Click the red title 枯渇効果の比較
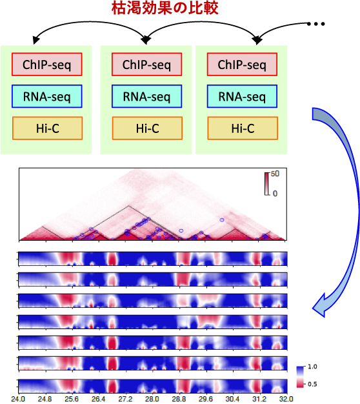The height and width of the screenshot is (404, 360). tap(165, 8)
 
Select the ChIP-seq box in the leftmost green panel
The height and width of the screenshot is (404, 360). tap(47, 65)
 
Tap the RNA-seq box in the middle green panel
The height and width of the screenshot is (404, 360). tap(147, 96)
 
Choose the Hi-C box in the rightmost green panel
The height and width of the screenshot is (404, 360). tap(243, 128)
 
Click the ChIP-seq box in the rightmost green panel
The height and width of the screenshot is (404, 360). tap(242, 65)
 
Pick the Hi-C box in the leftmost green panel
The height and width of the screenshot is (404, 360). tap(47, 128)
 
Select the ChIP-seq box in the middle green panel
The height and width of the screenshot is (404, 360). tap(147, 65)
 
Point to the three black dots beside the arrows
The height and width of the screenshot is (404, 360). tap(316, 24)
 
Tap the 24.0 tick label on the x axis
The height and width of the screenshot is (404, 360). tap(18, 399)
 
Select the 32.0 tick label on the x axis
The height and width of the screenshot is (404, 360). tap(286, 399)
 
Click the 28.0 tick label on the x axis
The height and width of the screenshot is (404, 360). tap(152, 399)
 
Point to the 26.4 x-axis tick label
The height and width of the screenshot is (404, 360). tap(98, 399)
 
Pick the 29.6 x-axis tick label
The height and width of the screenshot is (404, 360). tap(206, 399)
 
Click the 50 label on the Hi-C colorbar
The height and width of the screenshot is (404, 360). tap(275, 174)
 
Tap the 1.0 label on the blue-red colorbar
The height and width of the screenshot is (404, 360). tap(312, 367)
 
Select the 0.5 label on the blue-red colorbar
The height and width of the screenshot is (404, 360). tap(312, 384)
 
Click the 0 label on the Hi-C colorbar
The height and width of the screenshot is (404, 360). tap(275, 194)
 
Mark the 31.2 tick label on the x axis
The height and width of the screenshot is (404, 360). tap(259, 399)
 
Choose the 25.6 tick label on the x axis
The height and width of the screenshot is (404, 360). tap(72, 399)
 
